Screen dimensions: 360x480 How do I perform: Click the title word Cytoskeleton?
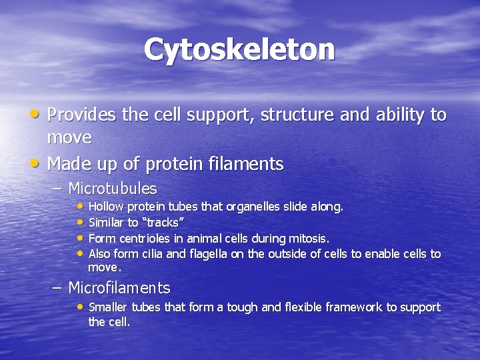pos(239,49)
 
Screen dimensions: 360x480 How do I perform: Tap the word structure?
pos(297,115)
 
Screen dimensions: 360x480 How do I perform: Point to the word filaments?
pos(247,164)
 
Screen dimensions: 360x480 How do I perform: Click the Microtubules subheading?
pos(113,189)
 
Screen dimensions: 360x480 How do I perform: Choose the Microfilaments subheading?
pos(119,288)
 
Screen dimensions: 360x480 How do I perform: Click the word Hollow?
pos(106,207)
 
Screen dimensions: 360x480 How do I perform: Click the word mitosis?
pos(309,238)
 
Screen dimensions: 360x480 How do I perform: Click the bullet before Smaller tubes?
pos(81,307)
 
